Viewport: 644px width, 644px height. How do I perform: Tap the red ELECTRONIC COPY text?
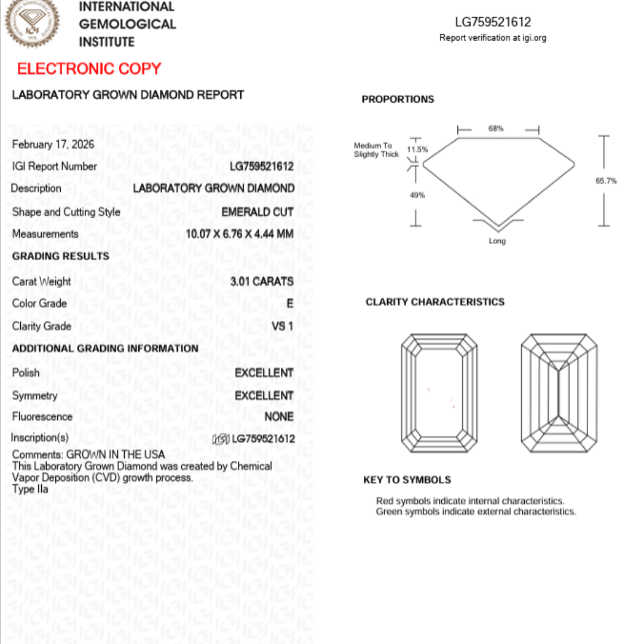89,69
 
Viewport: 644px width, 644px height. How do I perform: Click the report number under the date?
261,166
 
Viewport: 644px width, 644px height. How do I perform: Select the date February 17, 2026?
53,144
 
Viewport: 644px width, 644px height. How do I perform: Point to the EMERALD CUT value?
257,212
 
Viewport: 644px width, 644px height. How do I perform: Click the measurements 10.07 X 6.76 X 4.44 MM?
239,234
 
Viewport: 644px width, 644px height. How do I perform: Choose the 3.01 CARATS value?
262,281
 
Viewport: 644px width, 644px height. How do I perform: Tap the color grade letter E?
290,304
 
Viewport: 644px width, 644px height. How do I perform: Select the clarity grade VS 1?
282,326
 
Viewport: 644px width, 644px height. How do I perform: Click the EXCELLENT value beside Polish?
264,373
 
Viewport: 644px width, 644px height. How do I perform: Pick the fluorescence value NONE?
278,417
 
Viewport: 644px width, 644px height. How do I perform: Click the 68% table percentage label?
496,128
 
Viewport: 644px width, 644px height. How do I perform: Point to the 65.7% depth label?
606,181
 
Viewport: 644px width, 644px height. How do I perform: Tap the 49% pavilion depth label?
417,195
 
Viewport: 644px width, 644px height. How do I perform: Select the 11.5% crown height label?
417,149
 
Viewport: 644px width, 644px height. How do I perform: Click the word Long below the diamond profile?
497,241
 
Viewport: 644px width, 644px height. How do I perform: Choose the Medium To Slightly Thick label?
376,150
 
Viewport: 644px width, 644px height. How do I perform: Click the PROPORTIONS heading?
398,100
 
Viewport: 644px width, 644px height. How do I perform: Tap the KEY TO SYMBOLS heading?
407,480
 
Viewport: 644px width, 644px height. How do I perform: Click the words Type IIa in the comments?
30,490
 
